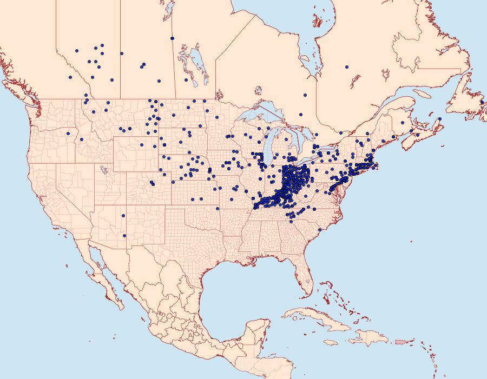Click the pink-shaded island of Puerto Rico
(401, 341)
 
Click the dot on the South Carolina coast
(320, 230)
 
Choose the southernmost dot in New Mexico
(124, 235)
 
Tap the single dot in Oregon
(68, 133)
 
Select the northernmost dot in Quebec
(346, 67)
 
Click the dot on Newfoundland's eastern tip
(482, 102)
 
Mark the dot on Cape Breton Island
(440, 119)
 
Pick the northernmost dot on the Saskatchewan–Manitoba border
(172, 38)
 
